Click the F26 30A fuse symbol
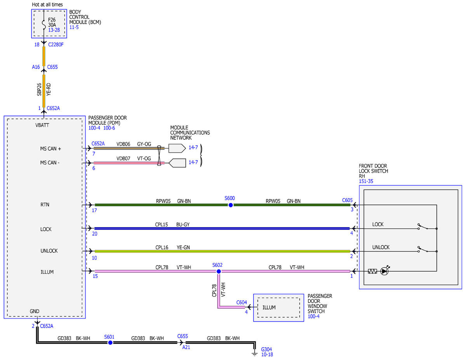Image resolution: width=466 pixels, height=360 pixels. [44, 24]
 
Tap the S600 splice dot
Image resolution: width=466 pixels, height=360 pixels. [231, 205]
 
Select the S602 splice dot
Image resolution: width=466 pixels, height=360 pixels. [219, 271]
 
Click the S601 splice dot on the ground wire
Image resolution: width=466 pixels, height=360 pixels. [110, 343]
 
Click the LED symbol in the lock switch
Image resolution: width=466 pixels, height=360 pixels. [384, 271]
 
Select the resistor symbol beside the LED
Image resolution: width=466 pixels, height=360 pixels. [372, 271]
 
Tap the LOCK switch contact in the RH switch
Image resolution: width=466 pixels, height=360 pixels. [423, 227]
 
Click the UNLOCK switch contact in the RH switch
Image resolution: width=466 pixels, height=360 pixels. [423, 250]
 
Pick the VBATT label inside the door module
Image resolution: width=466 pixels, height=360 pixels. [42, 125]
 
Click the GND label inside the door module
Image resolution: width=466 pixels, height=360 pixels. [35, 311]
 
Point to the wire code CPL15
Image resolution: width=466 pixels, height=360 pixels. [162, 224]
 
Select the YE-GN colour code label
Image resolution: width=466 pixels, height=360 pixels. [183, 247]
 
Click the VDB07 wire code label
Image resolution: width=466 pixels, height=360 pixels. [123, 158]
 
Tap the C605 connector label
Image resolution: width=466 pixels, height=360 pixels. [348, 200]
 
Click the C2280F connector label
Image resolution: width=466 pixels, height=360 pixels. [56, 45]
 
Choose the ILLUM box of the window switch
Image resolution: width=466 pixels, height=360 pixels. [278, 308]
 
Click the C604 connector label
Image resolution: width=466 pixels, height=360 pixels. [242, 302]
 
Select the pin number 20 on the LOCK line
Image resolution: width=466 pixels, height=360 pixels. [95, 234]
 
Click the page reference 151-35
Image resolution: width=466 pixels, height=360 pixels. [366, 181]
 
